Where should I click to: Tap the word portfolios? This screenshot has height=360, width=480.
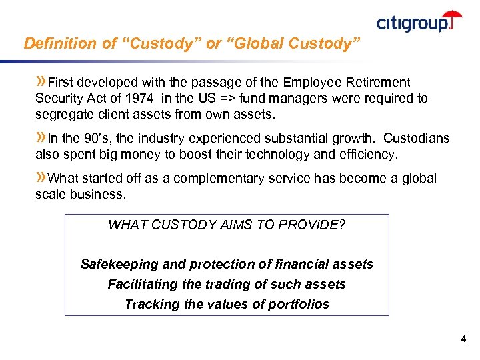coord(297,304)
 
